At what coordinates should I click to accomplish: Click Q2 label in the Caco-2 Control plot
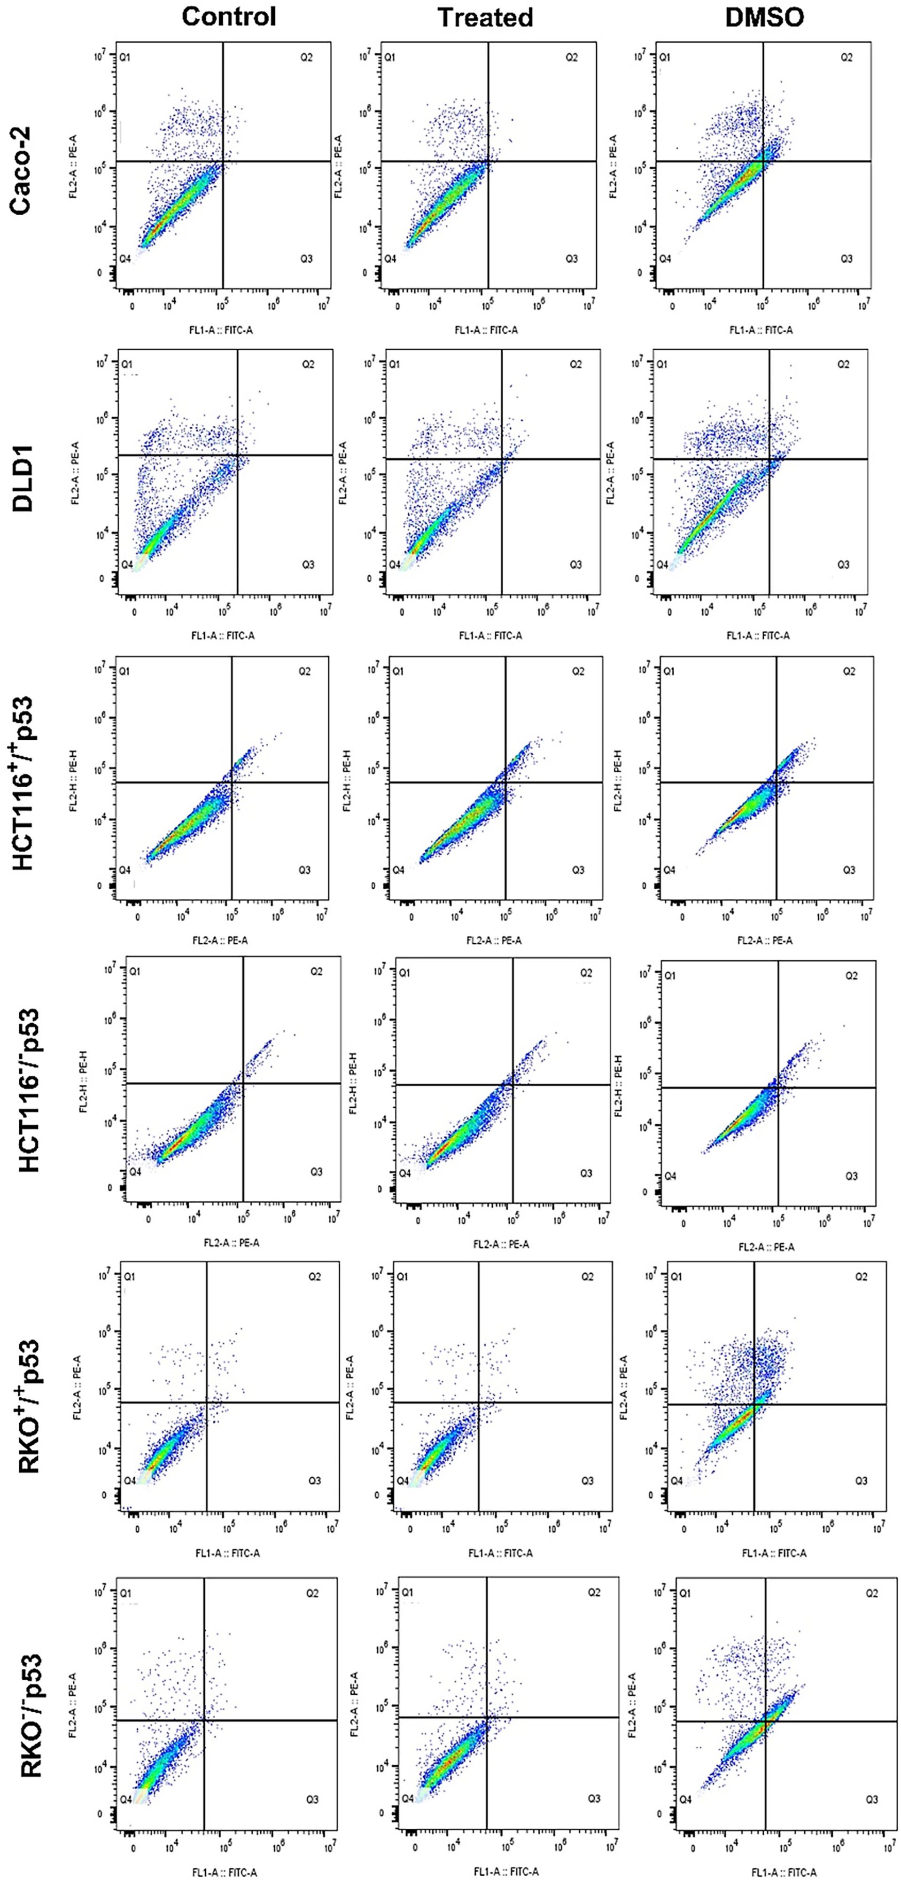306,57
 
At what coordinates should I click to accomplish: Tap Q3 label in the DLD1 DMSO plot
843,564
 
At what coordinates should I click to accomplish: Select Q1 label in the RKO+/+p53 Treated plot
403,1277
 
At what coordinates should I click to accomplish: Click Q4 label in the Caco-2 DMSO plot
665,258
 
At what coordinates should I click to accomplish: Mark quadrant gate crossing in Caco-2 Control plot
223,161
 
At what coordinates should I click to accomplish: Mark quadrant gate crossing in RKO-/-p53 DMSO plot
765,1721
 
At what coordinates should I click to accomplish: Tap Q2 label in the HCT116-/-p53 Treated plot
586,973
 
